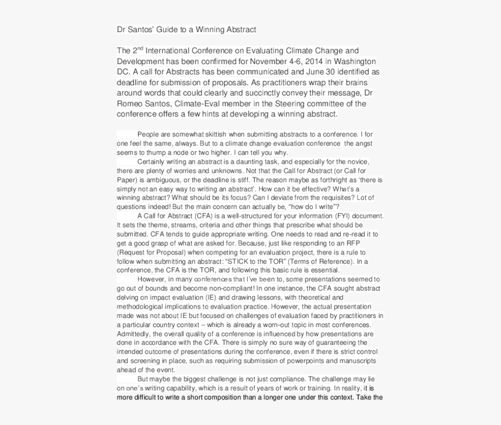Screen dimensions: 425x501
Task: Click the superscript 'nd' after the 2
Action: pyautogui.click(x=139, y=48)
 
